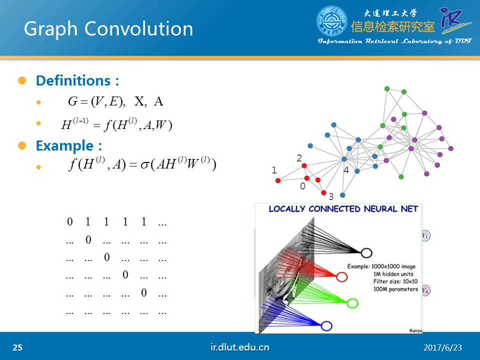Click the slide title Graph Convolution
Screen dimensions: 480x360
coord(108,29)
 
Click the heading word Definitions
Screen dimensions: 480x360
coord(73,80)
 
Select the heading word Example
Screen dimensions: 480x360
coord(64,145)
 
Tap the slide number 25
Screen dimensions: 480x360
coord(17,347)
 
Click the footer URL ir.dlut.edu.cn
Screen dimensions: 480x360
coord(239,347)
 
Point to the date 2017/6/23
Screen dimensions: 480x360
coord(442,348)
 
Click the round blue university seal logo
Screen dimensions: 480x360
coord(331,21)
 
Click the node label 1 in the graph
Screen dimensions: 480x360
coord(274,170)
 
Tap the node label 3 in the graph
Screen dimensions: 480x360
coord(331,196)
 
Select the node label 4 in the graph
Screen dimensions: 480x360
coord(346,170)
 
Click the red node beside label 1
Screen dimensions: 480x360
coord(278,180)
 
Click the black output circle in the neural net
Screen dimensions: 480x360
coord(366,253)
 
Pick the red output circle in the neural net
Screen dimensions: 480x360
coord(341,276)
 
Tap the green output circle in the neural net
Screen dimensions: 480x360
coord(352,303)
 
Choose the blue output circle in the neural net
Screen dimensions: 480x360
coord(326,325)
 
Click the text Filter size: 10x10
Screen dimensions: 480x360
coord(395,281)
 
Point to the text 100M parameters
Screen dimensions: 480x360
coord(395,289)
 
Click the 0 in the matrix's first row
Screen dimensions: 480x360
coord(70,221)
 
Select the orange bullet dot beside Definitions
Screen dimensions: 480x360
coord(22,80)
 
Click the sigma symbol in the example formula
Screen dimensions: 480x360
coord(144,165)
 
